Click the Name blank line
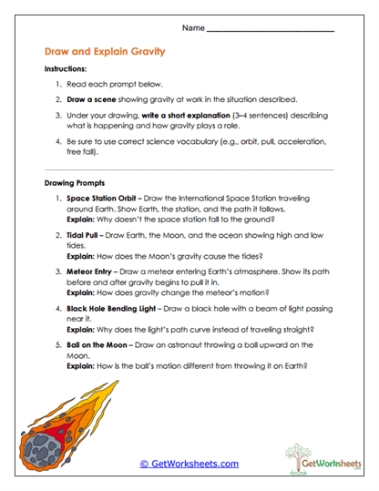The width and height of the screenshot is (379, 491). [x=271, y=30]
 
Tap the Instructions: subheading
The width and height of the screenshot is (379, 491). [x=66, y=69]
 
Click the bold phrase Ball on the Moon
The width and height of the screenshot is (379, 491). [x=99, y=345]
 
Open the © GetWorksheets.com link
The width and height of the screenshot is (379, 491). [x=189, y=464]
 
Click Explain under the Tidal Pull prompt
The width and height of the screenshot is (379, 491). [x=83, y=257]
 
